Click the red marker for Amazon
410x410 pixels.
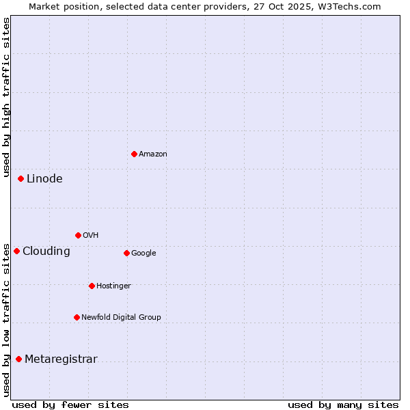coord(134,154)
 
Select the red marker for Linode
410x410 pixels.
coord(20,178)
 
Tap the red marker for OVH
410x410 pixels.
coord(78,235)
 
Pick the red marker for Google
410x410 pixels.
coord(126,253)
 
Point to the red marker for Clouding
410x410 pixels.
coord(16,251)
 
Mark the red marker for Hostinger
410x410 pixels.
coord(92,286)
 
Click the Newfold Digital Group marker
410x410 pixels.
coord(77,317)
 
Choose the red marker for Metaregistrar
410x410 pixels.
coord(18,359)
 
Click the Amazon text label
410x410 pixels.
coord(153,154)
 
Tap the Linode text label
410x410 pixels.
coord(44,178)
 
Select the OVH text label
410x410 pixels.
coord(91,235)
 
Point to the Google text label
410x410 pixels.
coord(143,253)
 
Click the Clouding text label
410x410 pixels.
coord(46,251)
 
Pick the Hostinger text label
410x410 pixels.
coord(113,286)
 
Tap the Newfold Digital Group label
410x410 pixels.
coord(122,317)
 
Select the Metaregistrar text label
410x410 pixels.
coord(61,359)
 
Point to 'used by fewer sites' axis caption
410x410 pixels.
coord(70,405)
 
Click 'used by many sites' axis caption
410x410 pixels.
coord(343,405)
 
